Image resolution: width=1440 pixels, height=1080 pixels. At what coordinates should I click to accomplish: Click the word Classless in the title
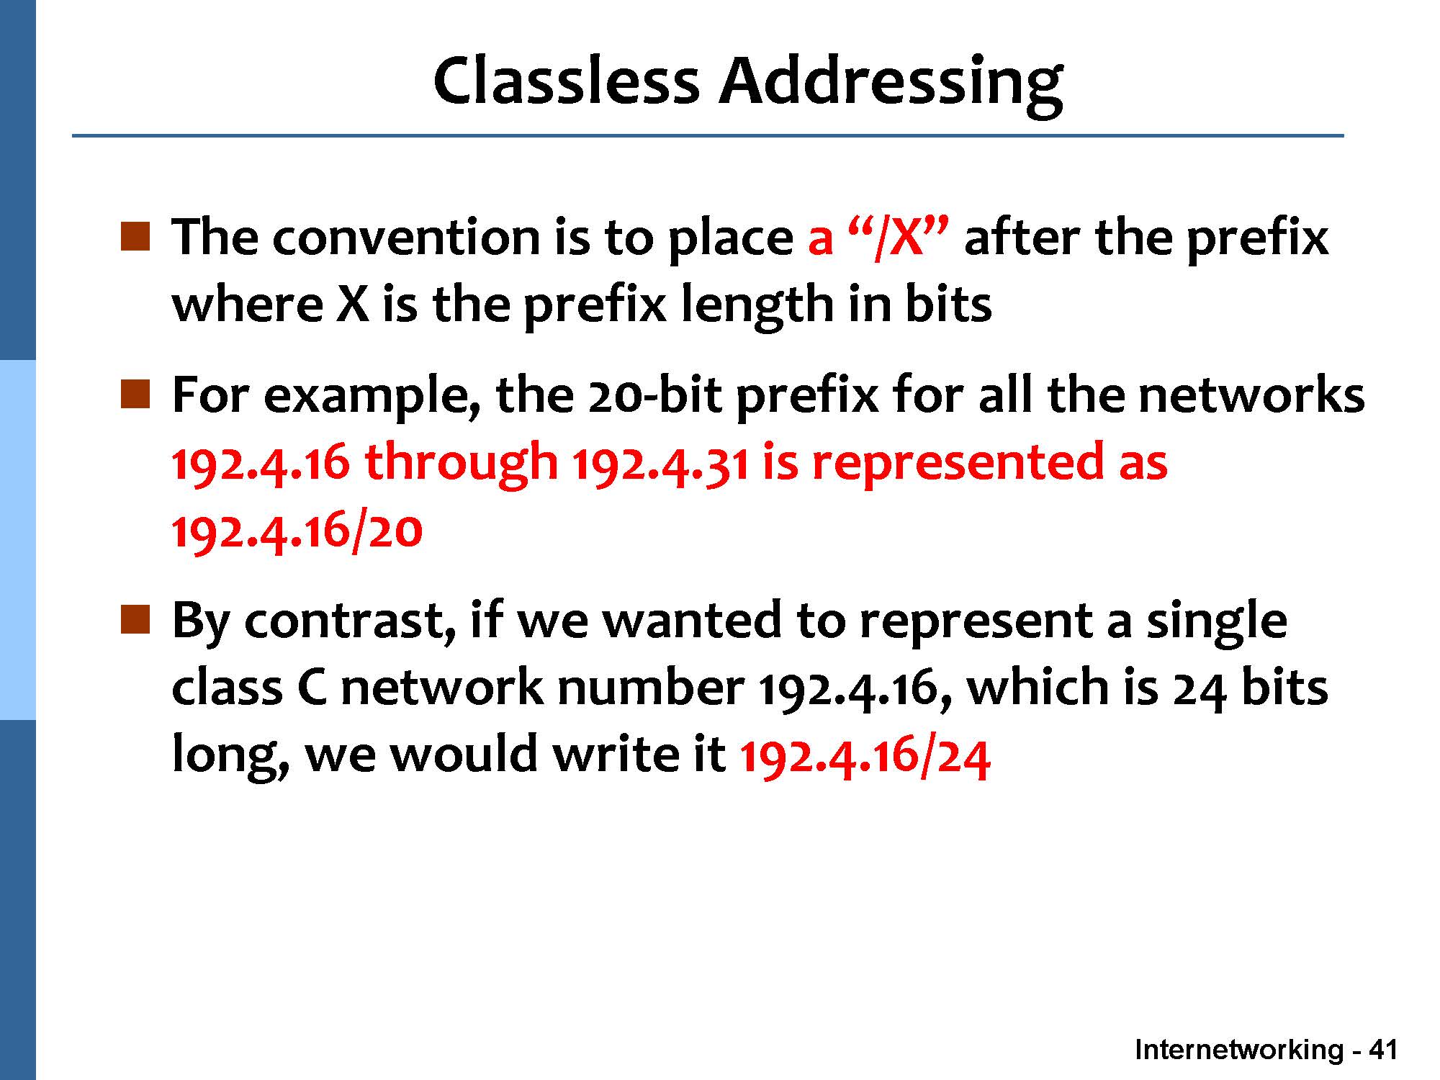[x=566, y=80]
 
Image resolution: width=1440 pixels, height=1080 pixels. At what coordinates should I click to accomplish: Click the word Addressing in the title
[x=891, y=84]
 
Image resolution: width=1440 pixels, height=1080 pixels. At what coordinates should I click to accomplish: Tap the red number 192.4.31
[x=660, y=464]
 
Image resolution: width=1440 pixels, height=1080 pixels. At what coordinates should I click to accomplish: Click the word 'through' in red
[x=461, y=465]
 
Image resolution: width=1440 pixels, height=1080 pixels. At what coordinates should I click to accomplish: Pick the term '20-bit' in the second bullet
[x=654, y=395]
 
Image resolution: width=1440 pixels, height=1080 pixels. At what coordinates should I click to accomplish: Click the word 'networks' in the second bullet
[x=1251, y=395]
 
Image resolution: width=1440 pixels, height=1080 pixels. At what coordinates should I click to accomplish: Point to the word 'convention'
[x=405, y=238]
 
